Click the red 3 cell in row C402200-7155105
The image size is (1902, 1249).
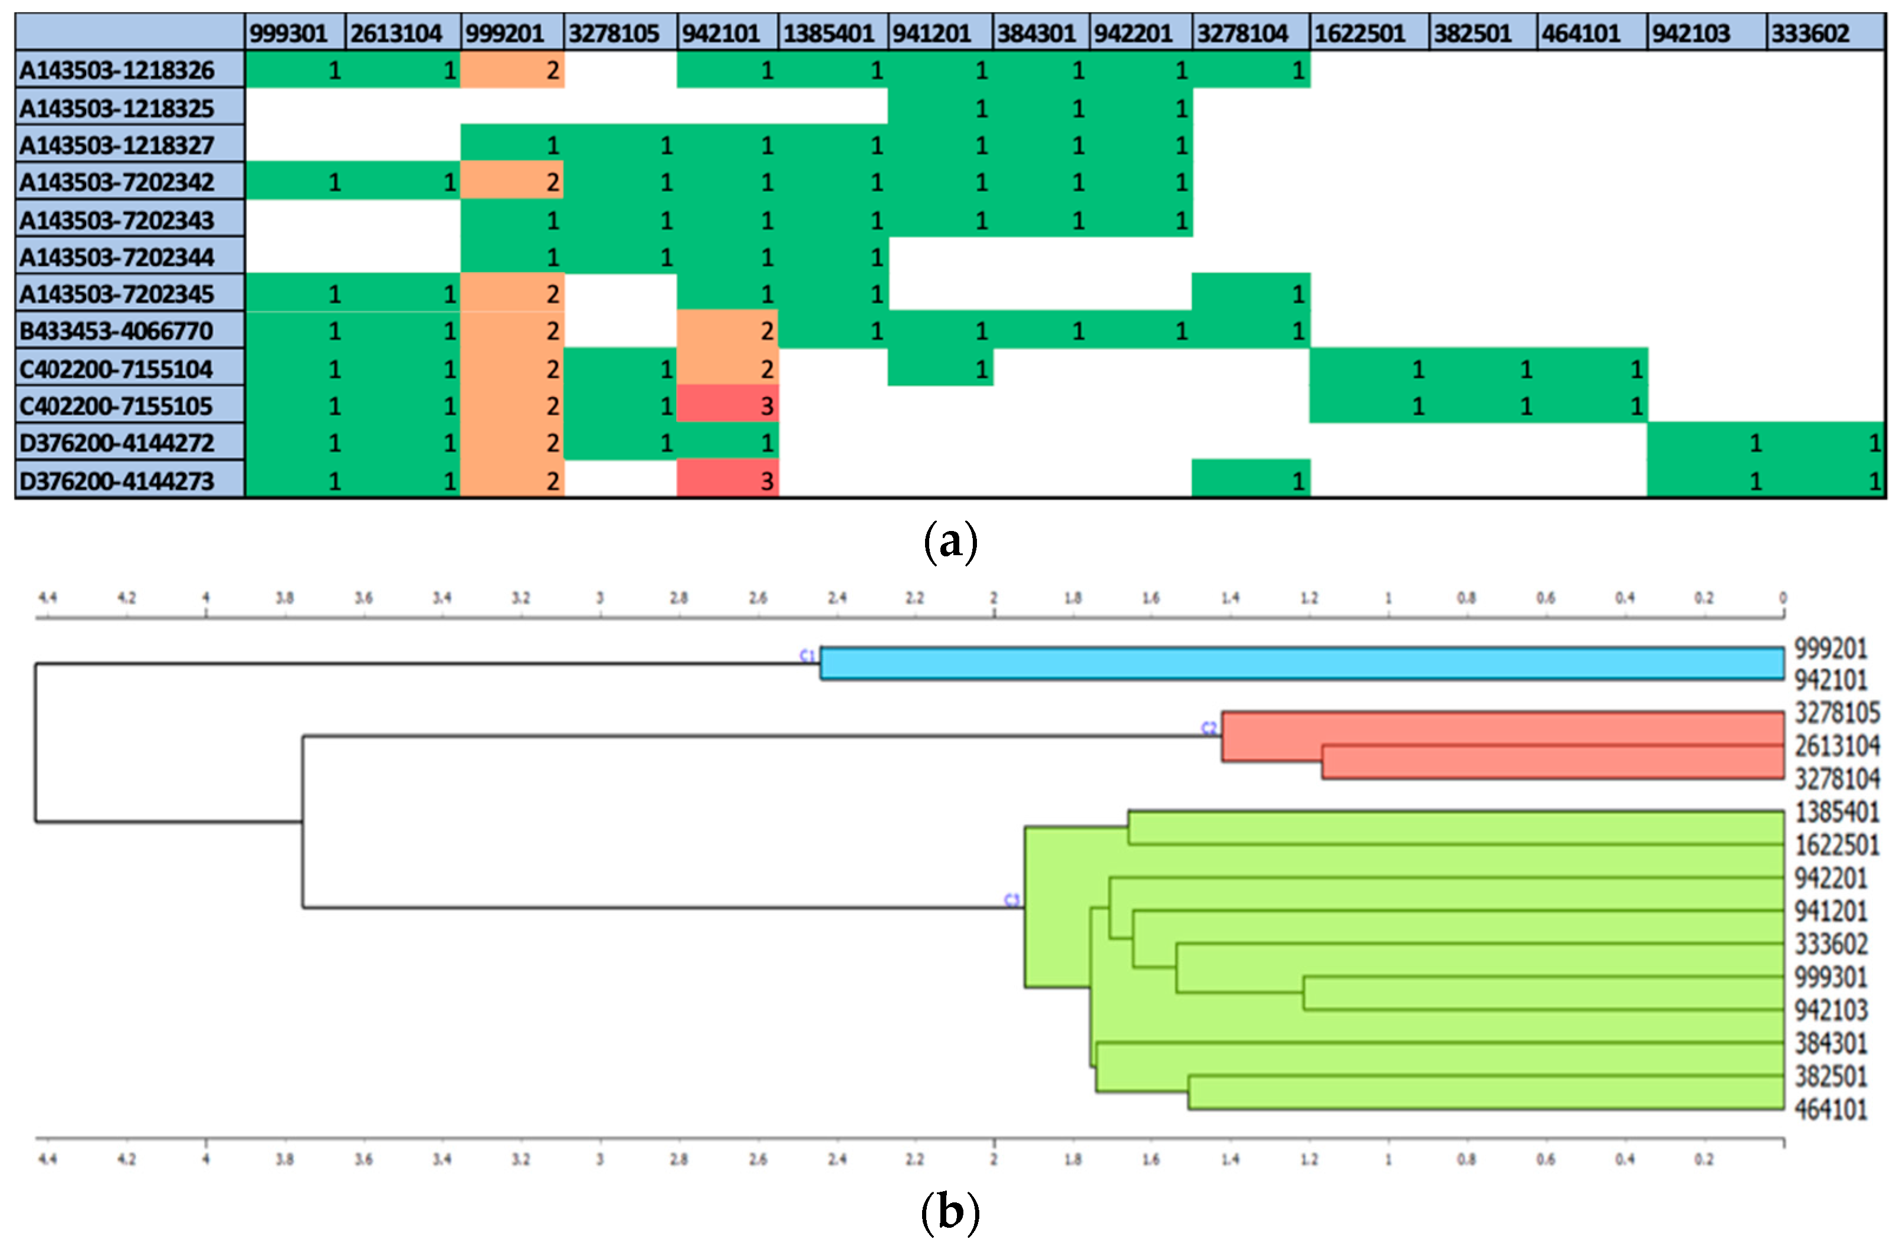coord(727,406)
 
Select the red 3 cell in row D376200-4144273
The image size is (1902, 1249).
coord(727,480)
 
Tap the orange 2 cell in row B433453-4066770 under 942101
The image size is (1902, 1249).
coord(727,331)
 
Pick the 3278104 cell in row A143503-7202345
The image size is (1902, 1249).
coord(1251,294)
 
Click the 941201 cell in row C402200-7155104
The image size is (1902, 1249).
coord(940,368)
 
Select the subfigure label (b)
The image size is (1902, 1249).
coord(950,1212)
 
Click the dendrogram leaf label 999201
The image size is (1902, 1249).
coord(1830,648)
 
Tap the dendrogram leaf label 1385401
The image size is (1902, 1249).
coord(1837,812)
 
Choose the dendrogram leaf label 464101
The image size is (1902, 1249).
coord(1830,1109)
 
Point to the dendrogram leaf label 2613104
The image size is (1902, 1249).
coord(1837,746)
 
